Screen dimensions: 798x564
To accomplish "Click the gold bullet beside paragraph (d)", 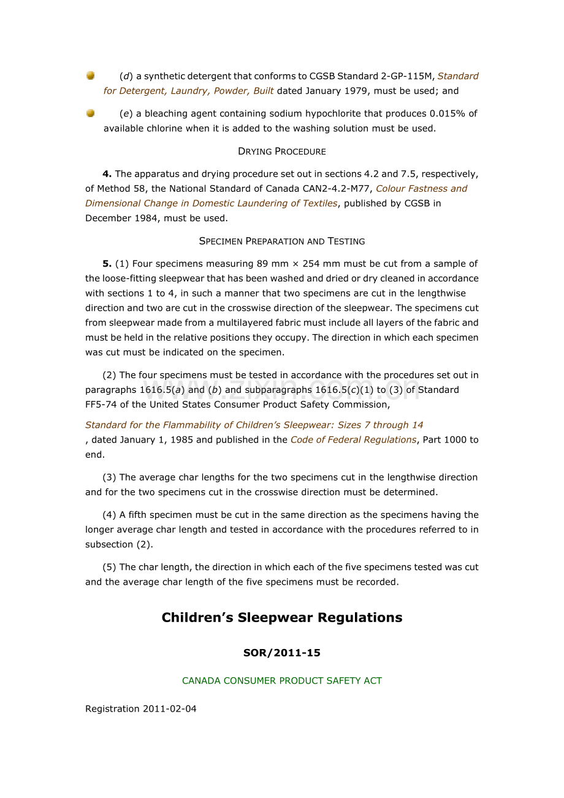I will coord(90,75).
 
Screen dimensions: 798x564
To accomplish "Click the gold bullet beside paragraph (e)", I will coord(90,113).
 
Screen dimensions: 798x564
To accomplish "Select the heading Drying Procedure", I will coord(282,151).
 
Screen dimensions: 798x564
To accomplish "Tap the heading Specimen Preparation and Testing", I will coord(282,241).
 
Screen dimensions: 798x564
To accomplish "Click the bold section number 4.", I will coord(107,174).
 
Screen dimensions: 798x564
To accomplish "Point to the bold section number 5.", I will coord(107,264).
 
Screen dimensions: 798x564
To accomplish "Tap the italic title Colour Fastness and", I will coord(422,189).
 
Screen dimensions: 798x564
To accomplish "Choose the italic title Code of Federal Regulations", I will coord(353,440).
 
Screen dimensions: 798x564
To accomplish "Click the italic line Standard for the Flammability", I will coord(254,425).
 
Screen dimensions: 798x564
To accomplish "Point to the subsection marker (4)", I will coord(109,515).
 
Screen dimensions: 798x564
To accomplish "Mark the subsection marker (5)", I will coord(109,568).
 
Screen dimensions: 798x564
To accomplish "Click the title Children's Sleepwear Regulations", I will coord(282,618).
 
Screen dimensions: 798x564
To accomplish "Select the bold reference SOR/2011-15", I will coord(282,653).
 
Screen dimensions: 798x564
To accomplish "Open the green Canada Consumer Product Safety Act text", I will coord(282,681).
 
